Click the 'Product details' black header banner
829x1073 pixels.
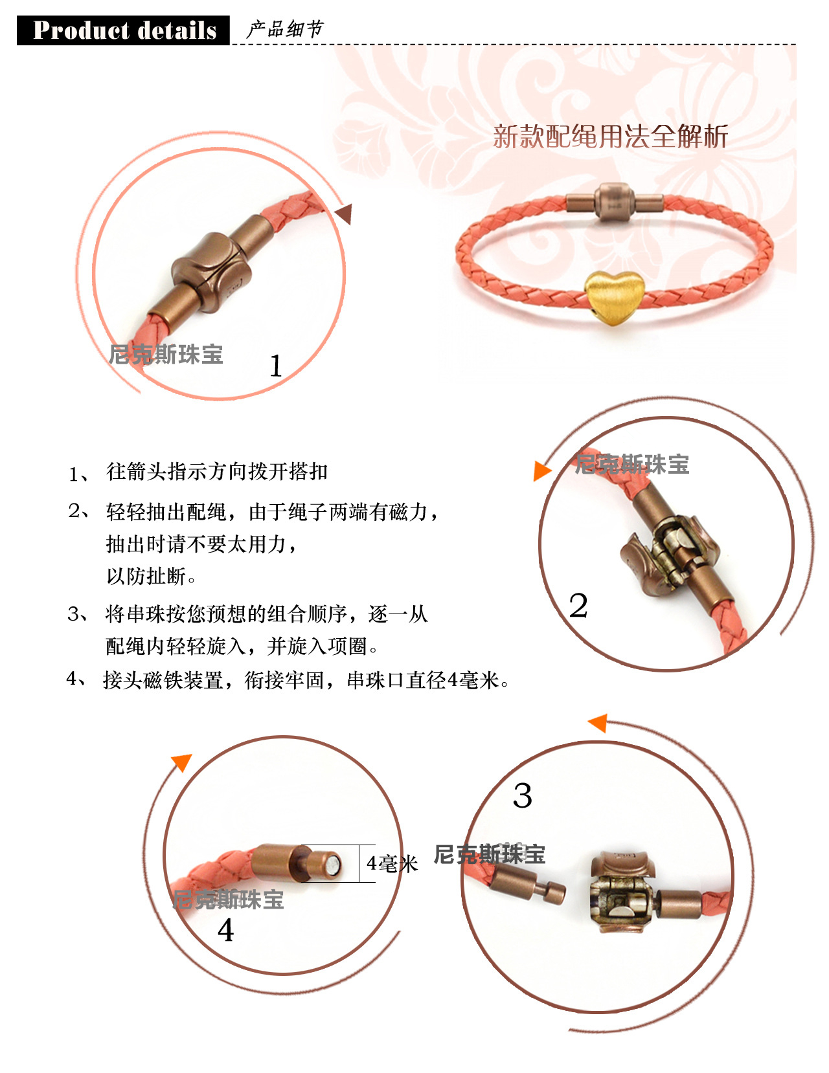tap(123, 30)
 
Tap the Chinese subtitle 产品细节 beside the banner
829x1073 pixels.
tap(284, 29)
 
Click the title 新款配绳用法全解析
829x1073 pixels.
tap(610, 137)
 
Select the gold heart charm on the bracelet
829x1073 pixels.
tap(614, 298)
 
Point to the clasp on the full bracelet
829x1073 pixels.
tap(615, 202)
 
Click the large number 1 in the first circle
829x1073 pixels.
tap(276, 366)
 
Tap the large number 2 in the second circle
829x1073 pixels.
tap(578, 605)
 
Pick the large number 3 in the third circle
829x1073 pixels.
tap(522, 795)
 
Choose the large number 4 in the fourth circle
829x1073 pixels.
tap(225, 930)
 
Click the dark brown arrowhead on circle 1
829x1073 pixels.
tap(345, 214)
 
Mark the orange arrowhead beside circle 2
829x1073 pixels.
tap(542, 470)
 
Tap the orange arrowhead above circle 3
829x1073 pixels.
tap(598, 724)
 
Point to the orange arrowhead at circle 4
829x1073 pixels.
tap(182, 762)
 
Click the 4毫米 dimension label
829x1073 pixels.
tap(392, 864)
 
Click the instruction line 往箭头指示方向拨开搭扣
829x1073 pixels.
tap(217, 472)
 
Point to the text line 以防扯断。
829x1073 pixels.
tap(151, 576)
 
